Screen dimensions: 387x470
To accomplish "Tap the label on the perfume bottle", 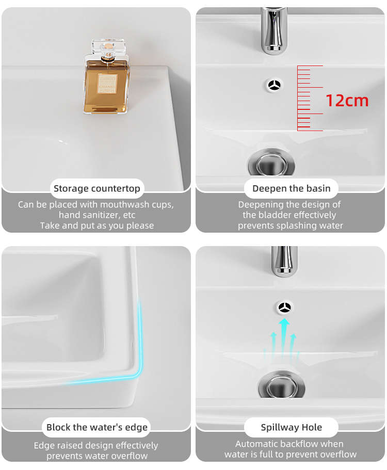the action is [x=107, y=84].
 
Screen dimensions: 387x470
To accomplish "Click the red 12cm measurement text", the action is [x=347, y=101].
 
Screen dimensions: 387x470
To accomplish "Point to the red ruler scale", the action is [x=310, y=99].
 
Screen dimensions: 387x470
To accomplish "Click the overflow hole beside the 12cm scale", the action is [x=275, y=85].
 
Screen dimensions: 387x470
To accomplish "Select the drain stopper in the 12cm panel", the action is [x=271, y=164].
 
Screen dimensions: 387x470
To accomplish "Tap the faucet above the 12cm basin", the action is [x=273, y=30].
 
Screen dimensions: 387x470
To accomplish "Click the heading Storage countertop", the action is [x=97, y=188].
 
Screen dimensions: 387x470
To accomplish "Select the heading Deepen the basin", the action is [x=292, y=188].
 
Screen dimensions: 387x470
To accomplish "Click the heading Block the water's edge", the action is [x=97, y=427].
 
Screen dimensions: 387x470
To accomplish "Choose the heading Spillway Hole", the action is [x=292, y=427].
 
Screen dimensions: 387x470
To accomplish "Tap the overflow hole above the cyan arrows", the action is [x=284, y=307].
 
